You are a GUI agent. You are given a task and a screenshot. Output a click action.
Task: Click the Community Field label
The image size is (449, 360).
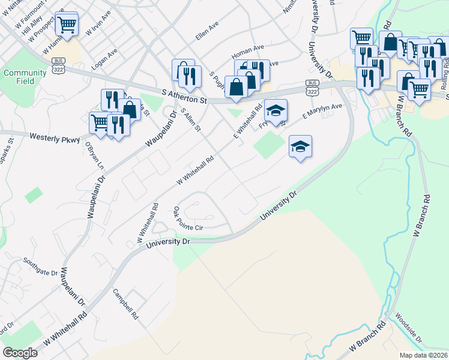coord(25,77)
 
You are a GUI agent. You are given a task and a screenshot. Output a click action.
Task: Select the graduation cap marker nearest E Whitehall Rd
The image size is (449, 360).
coord(276,110)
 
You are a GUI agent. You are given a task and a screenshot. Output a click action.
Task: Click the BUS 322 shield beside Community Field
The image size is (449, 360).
coord(58,62)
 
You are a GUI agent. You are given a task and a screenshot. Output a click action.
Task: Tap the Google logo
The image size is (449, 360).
coord(20,352)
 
